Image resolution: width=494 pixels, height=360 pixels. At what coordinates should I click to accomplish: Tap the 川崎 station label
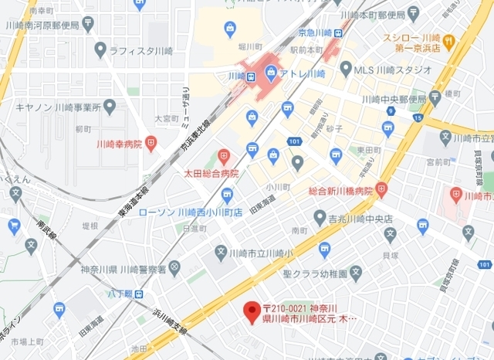[237, 76]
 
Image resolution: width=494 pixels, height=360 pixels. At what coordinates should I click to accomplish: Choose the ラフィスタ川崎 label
[140, 50]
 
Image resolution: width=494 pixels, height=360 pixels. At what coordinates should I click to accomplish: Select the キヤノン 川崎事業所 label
[57, 107]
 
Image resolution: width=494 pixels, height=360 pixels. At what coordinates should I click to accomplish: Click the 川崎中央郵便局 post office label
[394, 99]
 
